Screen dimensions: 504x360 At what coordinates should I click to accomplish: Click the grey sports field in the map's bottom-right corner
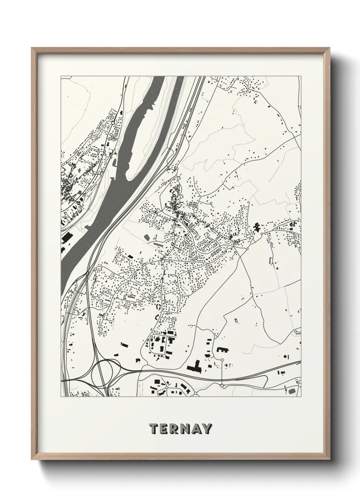pyautogui.click(x=292, y=392)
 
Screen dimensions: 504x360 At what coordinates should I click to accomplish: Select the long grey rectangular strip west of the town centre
pyautogui.click(x=159, y=244)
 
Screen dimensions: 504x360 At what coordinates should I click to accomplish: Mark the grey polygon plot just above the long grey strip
pyautogui.click(x=147, y=236)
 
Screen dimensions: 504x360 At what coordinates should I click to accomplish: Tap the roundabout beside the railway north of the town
pyautogui.click(x=177, y=169)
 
